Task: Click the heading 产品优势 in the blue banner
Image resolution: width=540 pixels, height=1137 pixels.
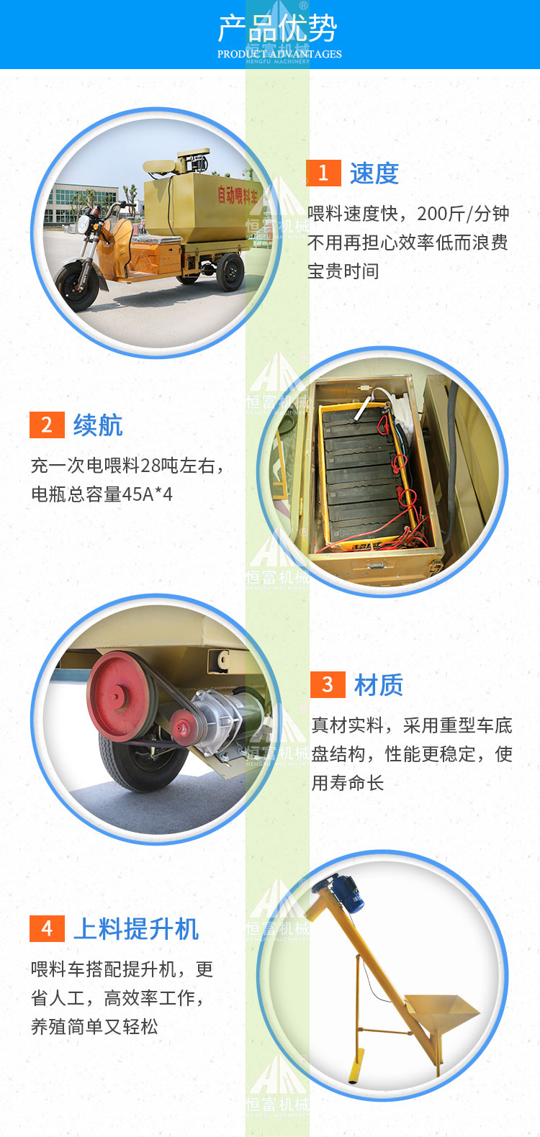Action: (277, 29)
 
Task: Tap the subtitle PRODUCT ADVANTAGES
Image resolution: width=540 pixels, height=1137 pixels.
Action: (279, 54)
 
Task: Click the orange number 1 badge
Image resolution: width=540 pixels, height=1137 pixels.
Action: (323, 173)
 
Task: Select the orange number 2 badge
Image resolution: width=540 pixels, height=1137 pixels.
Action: (47, 425)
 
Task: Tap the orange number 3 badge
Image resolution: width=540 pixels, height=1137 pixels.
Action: (328, 684)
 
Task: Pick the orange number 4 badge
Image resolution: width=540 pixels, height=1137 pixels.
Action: (47, 928)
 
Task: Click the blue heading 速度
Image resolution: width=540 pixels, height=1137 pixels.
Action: (374, 173)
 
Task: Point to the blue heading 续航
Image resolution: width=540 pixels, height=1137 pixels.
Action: (98, 425)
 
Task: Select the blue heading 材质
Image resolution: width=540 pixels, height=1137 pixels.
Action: (379, 684)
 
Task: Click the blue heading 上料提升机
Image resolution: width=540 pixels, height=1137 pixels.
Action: (136, 928)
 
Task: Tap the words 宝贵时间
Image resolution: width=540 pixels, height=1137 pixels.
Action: (343, 271)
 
